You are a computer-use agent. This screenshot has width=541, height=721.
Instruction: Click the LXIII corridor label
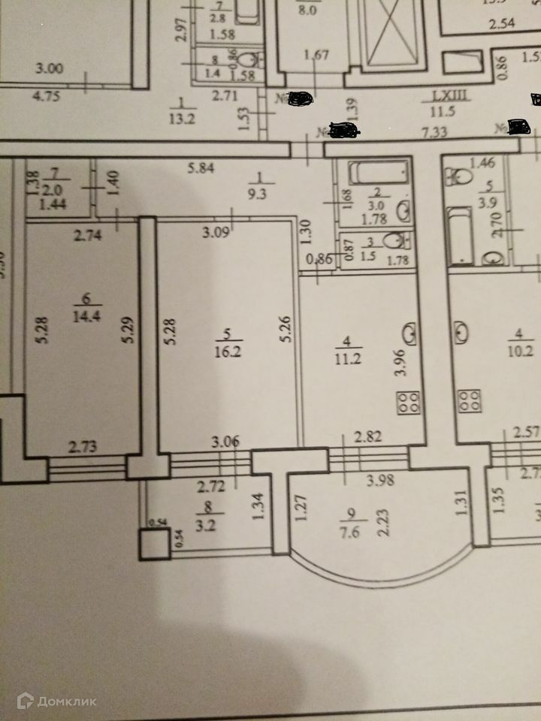[449, 96]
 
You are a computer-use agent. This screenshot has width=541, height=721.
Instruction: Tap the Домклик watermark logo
[57, 701]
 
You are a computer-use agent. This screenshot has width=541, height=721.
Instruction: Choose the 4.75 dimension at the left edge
[50, 95]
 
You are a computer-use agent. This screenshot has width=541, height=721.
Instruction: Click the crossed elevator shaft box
[391, 34]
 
